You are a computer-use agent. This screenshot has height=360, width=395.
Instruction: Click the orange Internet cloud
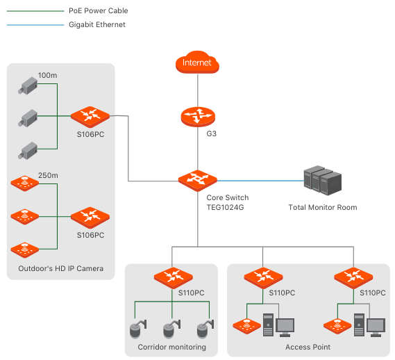197,62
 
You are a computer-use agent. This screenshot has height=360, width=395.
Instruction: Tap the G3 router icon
198,117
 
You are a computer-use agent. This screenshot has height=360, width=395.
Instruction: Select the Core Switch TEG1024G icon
197,181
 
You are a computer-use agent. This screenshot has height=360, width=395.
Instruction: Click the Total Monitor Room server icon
323,180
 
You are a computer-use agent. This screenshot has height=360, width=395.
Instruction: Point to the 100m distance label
47,76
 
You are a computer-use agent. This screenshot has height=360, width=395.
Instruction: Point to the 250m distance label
48,175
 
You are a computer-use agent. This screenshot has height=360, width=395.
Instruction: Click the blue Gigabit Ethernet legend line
35,25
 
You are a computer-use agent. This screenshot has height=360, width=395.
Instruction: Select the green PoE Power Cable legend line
35,11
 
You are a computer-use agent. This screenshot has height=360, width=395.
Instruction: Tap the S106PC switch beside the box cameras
90,117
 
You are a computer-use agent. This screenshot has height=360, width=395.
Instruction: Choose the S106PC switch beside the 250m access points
90,218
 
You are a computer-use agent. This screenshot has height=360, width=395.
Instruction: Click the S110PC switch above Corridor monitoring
174,278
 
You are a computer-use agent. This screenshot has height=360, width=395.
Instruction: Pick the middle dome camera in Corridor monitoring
171,329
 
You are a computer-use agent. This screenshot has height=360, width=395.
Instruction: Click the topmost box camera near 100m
28,85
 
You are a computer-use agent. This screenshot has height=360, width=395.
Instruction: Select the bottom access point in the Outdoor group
25,250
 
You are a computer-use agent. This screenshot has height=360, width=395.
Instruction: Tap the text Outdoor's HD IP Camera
60,268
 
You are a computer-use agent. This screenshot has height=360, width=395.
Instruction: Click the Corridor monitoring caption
171,347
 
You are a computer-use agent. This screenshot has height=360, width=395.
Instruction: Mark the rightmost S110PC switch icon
353,278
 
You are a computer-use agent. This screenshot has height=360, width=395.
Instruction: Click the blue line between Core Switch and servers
260,181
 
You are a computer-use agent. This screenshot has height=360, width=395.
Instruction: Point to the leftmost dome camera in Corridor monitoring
138,329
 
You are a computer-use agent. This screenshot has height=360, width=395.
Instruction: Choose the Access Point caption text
308,347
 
